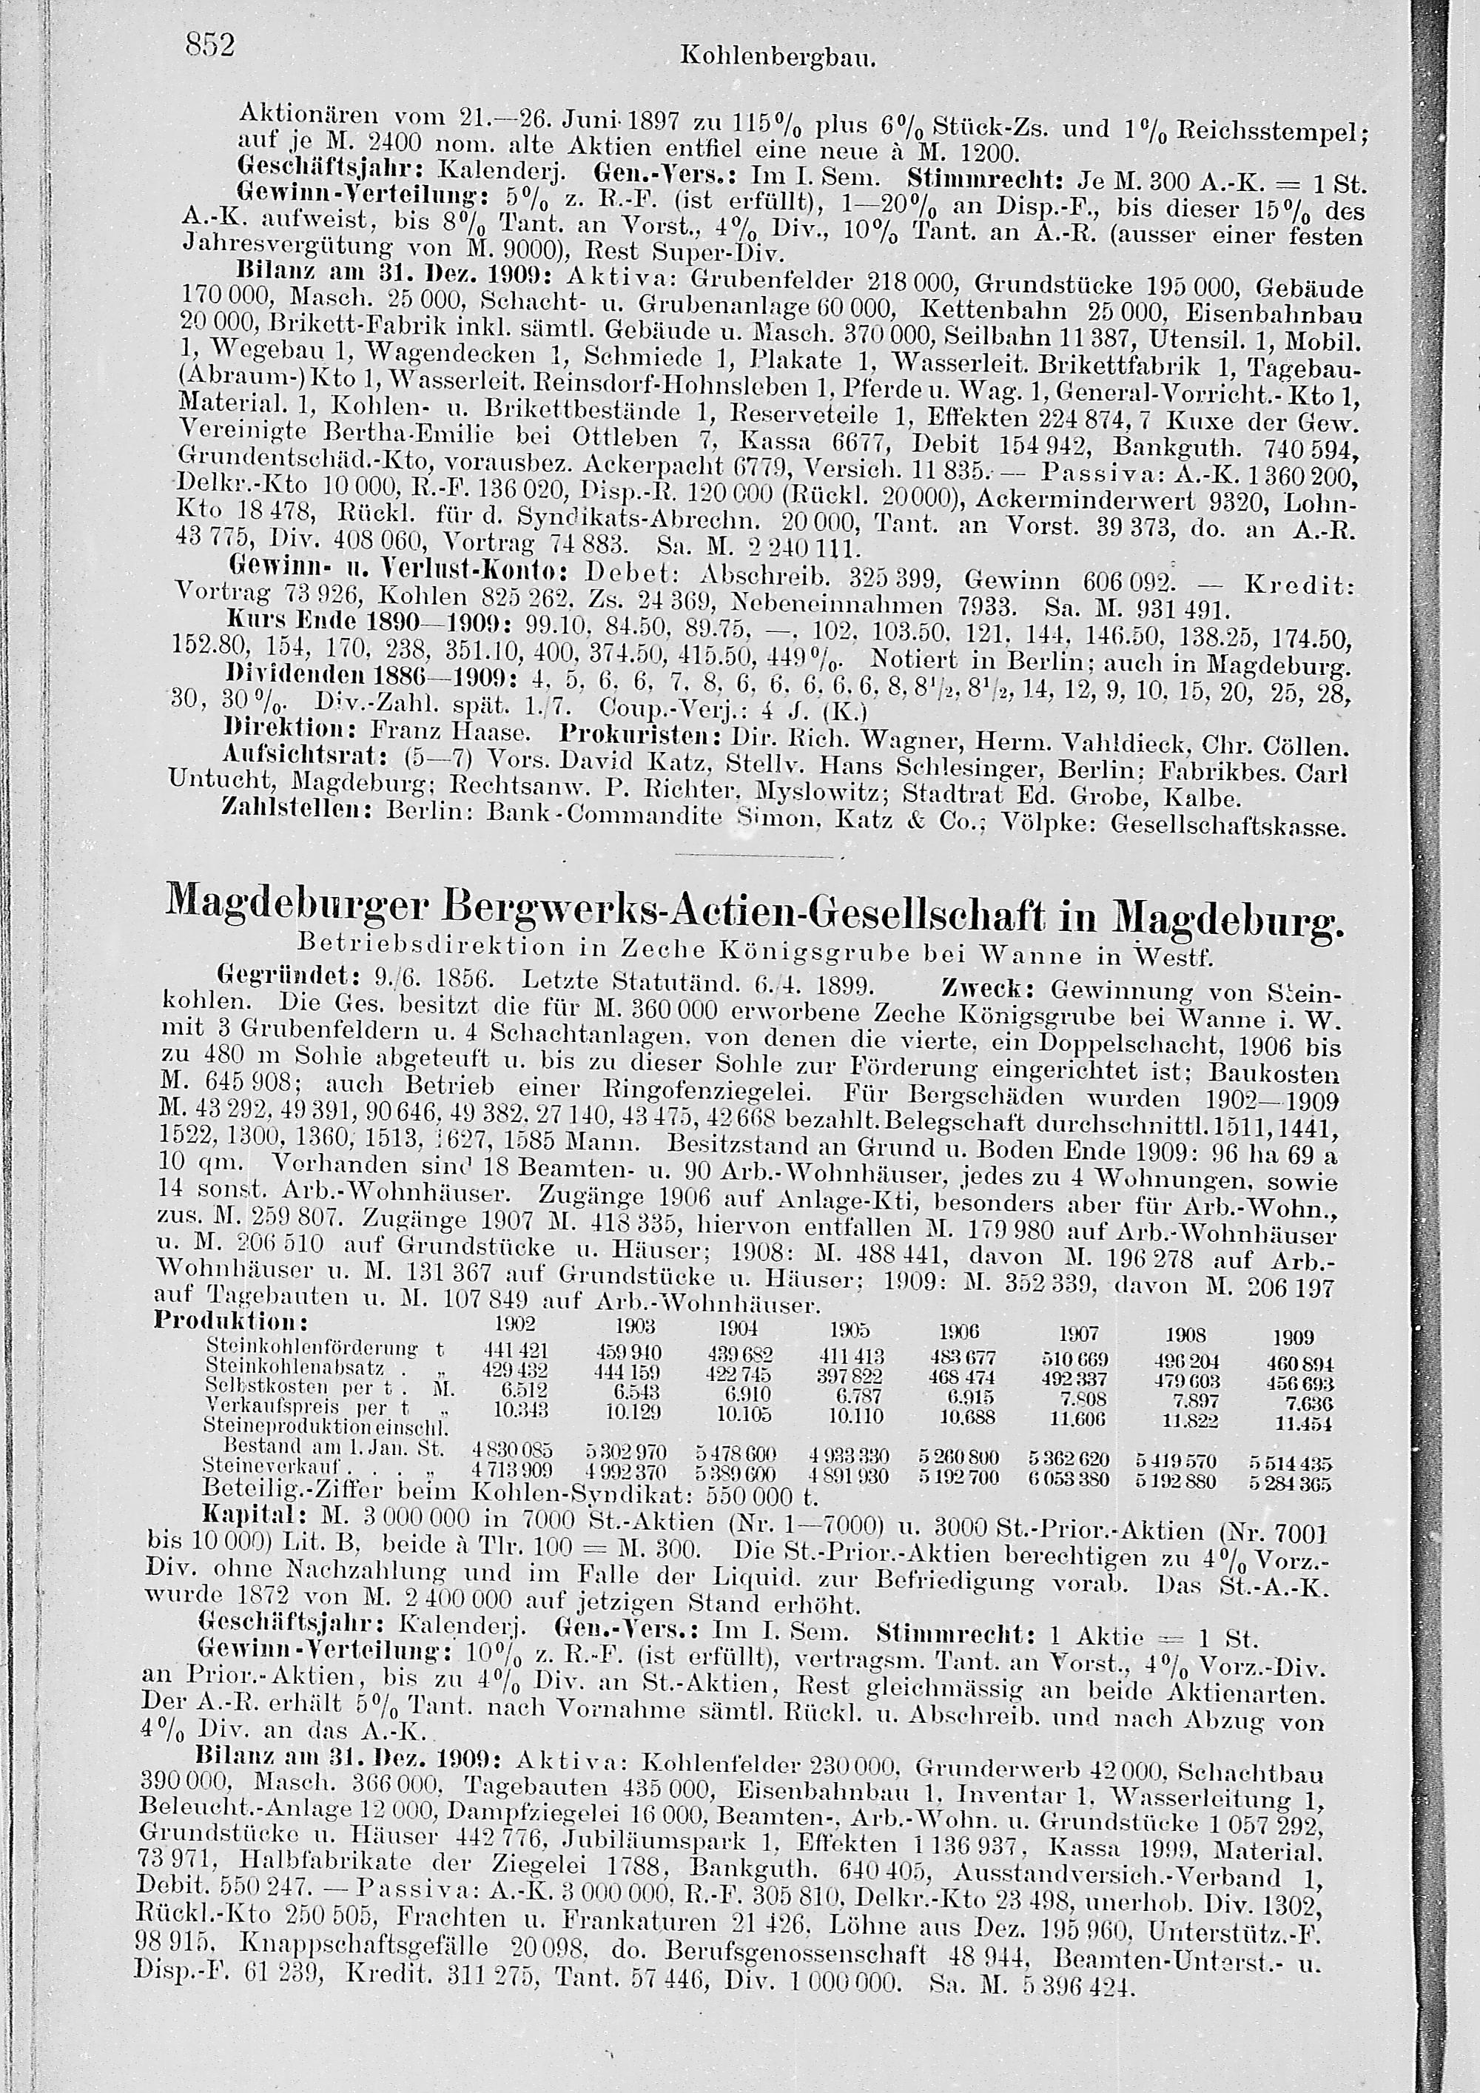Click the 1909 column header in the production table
point(1294,1337)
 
